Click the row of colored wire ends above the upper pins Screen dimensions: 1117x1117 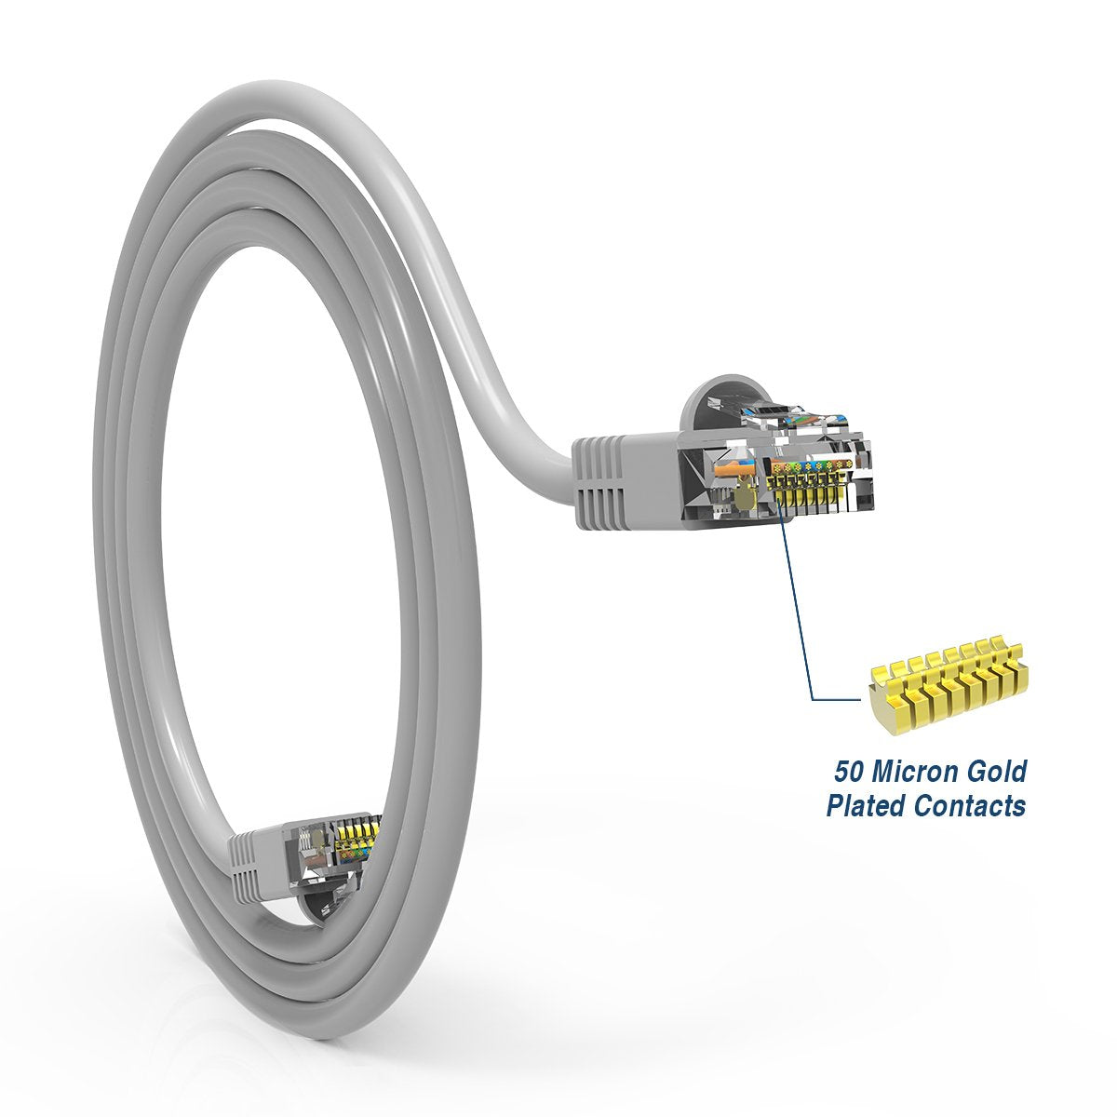point(810,463)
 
